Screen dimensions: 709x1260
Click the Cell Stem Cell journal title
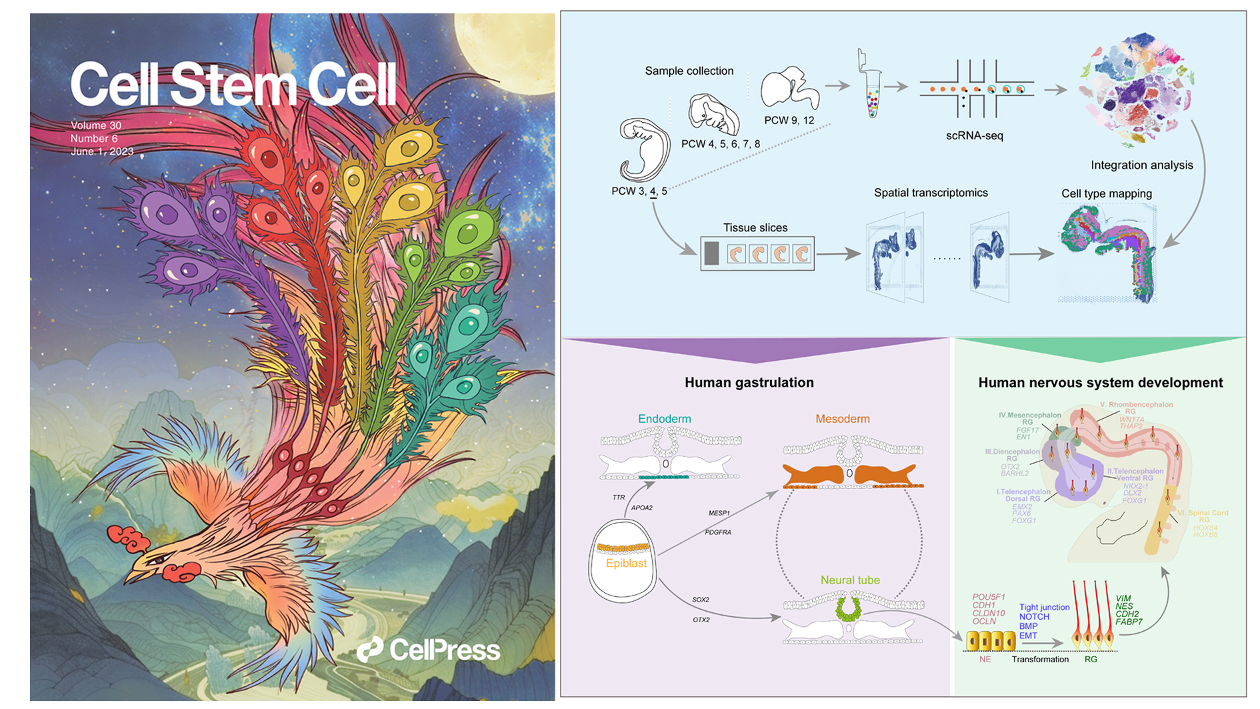pyautogui.click(x=233, y=85)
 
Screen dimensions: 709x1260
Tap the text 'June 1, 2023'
pyautogui.click(x=102, y=151)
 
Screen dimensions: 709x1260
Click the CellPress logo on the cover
pyautogui.click(x=428, y=650)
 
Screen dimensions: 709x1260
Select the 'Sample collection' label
pyautogui.click(x=689, y=71)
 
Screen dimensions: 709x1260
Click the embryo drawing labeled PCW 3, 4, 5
pyautogui.click(x=643, y=151)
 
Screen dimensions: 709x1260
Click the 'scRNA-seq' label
pyautogui.click(x=974, y=135)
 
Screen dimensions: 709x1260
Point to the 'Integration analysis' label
pyautogui.click(x=1141, y=165)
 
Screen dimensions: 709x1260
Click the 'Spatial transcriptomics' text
pyautogui.click(x=931, y=193)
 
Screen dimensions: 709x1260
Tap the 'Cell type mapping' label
pyautogui.click(x=1106, y=193)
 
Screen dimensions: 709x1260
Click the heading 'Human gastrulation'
pyautogui.click(x=749, y=382)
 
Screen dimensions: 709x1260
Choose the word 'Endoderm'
pyautogui.click(x=664, y=419)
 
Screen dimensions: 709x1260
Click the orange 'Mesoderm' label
pyautogui.click(x=842, y=419)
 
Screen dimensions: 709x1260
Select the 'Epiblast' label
pyautogui.click(x=626, y=563)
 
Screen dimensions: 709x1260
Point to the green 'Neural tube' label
pyautogui.click(x=850, y=580)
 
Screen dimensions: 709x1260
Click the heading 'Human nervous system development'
pyautogui.click(x=1100, y=382)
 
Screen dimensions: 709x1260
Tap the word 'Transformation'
pyautogui.click(x=1039, y=659)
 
